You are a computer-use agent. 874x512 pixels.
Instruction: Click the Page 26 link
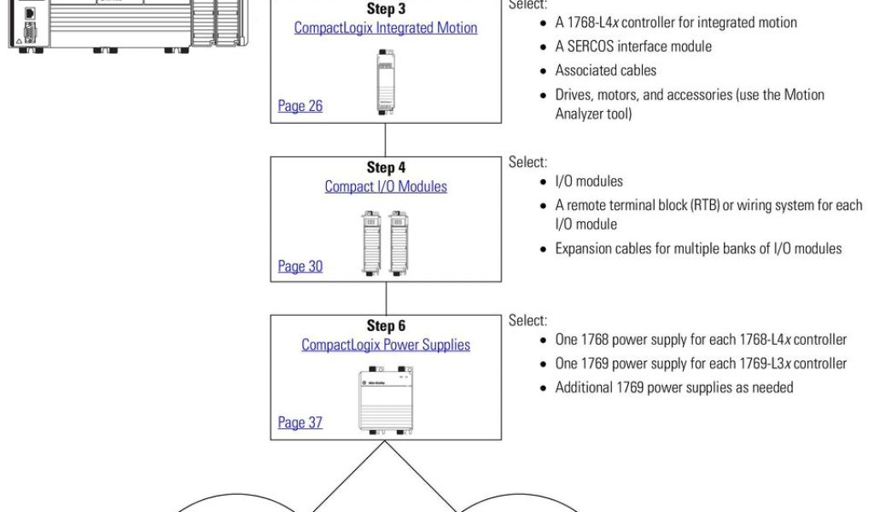[300, 107]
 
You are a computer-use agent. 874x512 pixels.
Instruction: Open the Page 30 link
[300, 266]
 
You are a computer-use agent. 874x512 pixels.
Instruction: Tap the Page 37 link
[300, 422]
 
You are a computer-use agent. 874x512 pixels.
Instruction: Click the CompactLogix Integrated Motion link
[386, 27]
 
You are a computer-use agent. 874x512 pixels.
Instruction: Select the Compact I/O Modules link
[386, 186]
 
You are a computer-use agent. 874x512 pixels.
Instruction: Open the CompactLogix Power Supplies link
[386, 345]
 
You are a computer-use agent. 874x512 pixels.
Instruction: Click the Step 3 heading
[386, 9]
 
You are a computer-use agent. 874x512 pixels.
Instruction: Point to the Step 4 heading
[386, 168]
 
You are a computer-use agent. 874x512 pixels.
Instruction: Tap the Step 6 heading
[386, 327]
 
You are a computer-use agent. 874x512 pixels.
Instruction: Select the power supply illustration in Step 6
[385, 400]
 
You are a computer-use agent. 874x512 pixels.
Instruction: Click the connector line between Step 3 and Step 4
[386, 140]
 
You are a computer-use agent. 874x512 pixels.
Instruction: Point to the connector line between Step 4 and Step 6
[386, 298]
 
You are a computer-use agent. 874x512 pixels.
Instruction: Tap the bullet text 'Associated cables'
[606, 70]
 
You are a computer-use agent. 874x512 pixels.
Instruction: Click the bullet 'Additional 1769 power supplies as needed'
[674, 387]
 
